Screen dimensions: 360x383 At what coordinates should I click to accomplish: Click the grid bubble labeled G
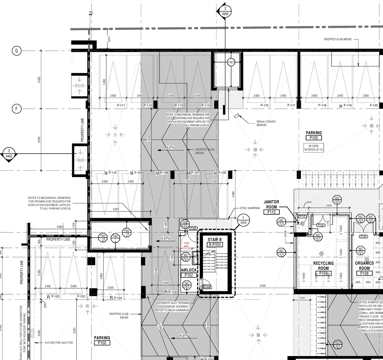pyautogui.click(x=16, y=51)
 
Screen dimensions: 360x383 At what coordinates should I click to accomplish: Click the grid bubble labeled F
pyautogui.click(x=16, y=109)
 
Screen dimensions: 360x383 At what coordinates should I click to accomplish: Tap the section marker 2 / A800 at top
pyautogui.click(x=225, y=11)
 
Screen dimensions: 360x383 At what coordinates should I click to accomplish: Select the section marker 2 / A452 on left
pyautogui.click(x=9, y=154)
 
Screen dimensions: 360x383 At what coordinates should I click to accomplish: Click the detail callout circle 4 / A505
pyautogui.click(x=243, y=220)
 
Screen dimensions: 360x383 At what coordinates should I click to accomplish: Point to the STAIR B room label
pyautogui.click(x=215, y=242)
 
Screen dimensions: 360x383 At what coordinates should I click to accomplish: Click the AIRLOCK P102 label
pyautogui.click(x=189, y=272)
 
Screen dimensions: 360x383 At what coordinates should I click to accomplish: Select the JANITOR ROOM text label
pyautogui.click(x=271, y=205)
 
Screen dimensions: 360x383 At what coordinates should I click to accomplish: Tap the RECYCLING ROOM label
pyautogui.click(x=323, y=266)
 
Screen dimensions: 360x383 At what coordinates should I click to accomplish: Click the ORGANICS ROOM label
pyautogui.click(x=364, y=266)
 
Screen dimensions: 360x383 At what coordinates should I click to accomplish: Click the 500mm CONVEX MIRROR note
pyautogui.click(x=266, y=123)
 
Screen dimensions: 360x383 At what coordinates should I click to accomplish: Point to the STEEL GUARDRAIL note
pyautogui.click(x=250, y=208)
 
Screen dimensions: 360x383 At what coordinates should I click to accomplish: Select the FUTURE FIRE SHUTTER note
pyautogui.click(x=59, y=343)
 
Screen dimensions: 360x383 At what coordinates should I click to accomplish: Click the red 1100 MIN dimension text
pyautogui.click(x=186, y=245)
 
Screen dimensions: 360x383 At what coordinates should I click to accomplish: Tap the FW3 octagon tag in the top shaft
pyautogui.click(x=231, y=62)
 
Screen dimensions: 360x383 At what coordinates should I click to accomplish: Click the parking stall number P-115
pyautogui.click(x=265, y=105)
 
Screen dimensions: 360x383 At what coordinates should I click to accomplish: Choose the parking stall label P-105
pyautogui.click(x=173, y=292)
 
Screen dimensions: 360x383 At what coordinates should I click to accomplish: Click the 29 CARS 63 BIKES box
pyautogui.click(x=314, y=148)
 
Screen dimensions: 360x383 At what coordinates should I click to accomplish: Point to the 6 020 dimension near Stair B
pyautogui.click(x=262, y=286)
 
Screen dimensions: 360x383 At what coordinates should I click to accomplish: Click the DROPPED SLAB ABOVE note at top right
pyautogui.click(x=338, y=39)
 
